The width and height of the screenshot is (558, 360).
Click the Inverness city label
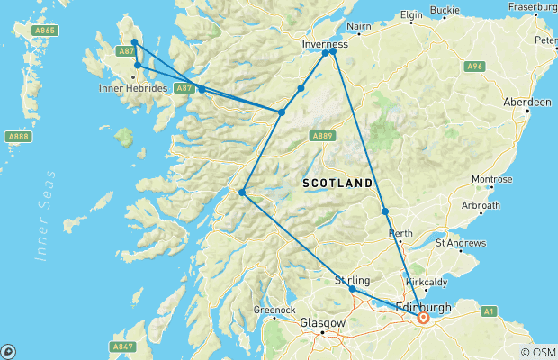[324, 42]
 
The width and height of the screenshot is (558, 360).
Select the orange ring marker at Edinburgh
[422, 317]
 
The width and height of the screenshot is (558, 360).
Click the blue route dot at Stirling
[352, 289]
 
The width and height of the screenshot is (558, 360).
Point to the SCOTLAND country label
[337, 183]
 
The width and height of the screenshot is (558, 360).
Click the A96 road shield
[475, 67]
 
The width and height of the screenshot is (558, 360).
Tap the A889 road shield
[321, 136]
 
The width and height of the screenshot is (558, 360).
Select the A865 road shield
[45, 30]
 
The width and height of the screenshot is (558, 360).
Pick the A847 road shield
[123, 346]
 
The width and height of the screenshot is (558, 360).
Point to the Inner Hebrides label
[132, 87]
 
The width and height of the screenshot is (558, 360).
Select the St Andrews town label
[460, 243]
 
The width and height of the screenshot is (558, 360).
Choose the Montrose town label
[491, 179]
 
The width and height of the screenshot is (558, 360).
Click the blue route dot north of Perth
[385, 211]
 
